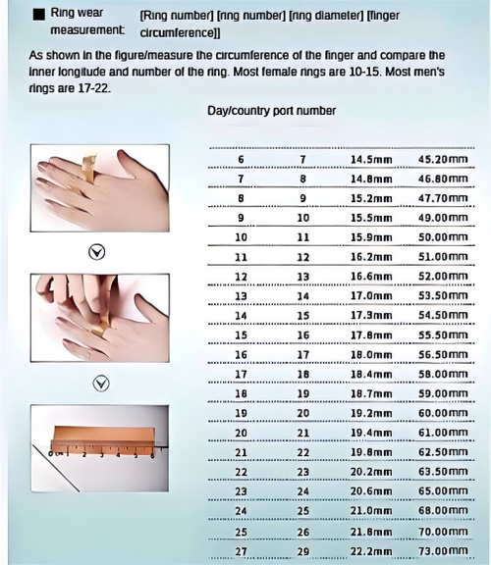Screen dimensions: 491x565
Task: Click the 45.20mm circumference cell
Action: click(x=443, y=159)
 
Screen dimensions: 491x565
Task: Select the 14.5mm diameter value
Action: click(x=371, y=159)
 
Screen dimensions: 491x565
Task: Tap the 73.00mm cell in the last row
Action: click(x=443, y=550)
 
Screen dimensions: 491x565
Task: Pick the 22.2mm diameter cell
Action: click(x=371, y=551)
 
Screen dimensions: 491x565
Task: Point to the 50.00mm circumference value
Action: click(x=443, y=237)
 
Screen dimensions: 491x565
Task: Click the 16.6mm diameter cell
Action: click(x=371, y=277)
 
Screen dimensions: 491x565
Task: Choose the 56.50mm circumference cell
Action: click(x=443, y=354)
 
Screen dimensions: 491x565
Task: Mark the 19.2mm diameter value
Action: click(x=371, y=413)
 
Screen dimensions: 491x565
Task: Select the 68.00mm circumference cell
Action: click(x=443, y=511)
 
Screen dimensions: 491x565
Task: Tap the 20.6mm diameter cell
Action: click(x=371, y=491)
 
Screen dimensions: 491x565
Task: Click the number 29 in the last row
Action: click(x=303, y=551)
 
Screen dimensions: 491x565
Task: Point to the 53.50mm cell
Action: click(x=443, y=296)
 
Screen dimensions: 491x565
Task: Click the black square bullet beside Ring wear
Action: click(x=39, y=15)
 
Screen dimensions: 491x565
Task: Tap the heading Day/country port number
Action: click(x=271, y=111)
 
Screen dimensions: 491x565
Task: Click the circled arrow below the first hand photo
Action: click(x=96, y=252)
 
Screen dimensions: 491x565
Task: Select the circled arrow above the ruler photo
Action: click(x=101, y=384)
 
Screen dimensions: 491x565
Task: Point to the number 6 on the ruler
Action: click(x=152, y=455)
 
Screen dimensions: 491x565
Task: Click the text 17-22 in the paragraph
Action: click(x=94, y=88)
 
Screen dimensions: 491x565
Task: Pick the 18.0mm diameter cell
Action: click(x=371, y=354)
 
